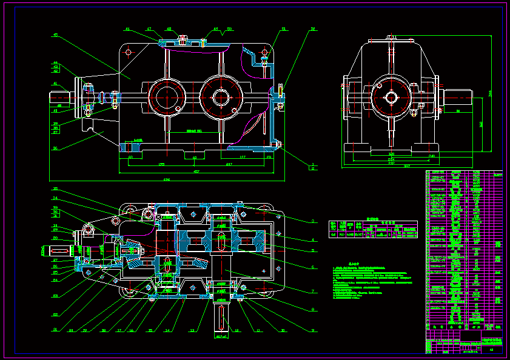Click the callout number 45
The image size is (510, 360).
(55, 35)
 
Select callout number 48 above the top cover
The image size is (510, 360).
(169, 29)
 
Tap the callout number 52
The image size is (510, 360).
(313, 29)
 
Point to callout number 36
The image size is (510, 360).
(55, 148)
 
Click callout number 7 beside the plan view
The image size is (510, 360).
(313, 292)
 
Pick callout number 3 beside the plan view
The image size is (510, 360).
(313, 221)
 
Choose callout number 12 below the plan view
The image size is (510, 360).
(192, 331)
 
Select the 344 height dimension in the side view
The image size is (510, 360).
(490, 93)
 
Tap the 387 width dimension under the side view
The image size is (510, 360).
(407, 166)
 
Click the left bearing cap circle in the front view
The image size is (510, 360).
(166, 96)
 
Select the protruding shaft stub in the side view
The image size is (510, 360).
(460, 97)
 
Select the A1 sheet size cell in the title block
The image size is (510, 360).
(492, 350)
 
